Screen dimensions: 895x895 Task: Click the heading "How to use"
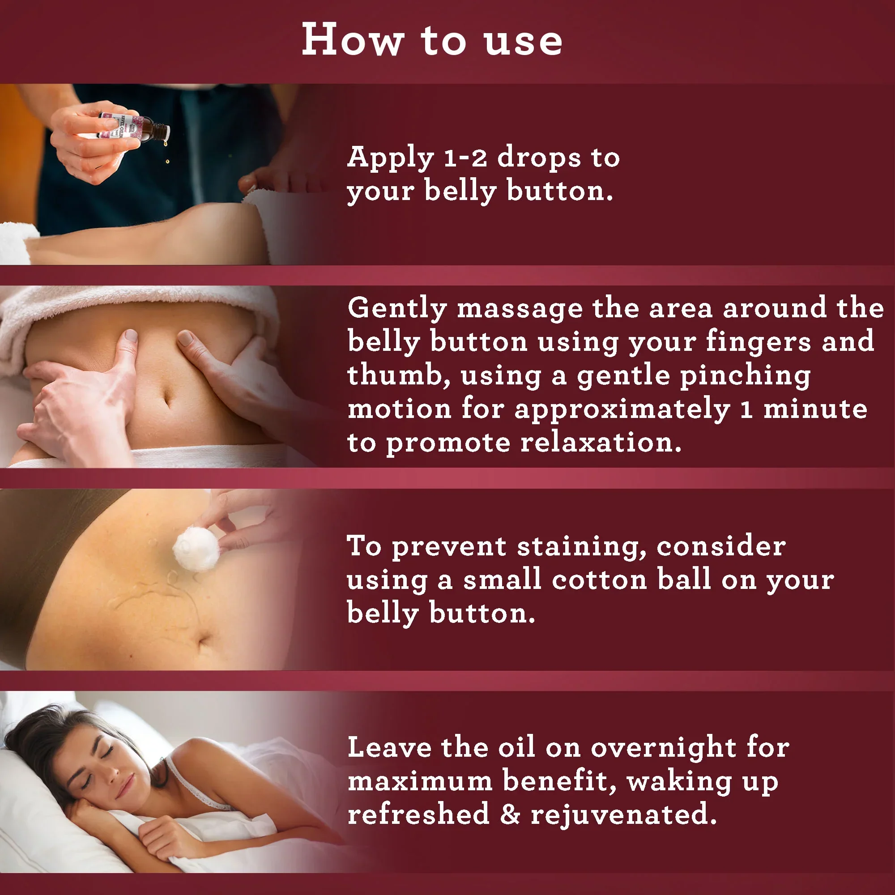(432, 41)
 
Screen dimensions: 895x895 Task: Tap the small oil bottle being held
(134, 126)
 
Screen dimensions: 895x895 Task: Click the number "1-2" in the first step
(465, 158)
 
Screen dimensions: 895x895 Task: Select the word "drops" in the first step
(539, 158)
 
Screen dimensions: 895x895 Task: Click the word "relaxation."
(601, 443)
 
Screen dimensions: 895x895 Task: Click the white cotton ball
(196, 550)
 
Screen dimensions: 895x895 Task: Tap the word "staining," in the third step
(582, 547)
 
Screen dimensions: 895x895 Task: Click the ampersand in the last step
(510, 814)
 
